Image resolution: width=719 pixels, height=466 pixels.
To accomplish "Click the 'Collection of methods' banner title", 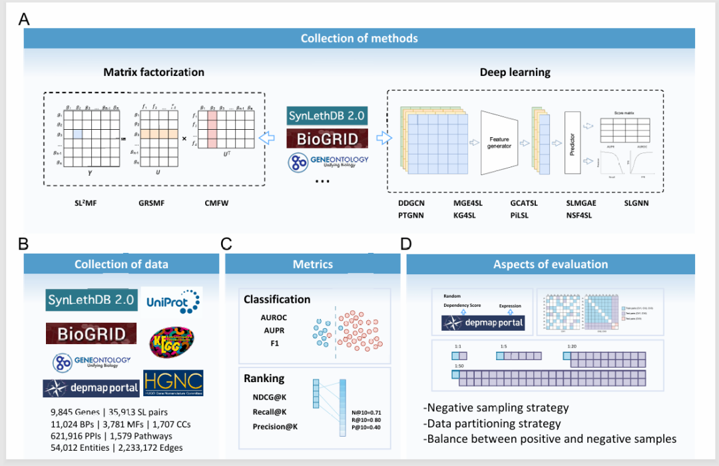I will [x=359, y=38].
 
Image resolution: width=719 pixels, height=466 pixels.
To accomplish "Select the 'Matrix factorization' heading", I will [x=154, y=72].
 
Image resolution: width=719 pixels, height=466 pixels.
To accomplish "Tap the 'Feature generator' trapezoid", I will [x=499, y=142].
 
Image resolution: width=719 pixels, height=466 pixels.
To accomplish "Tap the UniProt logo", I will [x=173, y=301].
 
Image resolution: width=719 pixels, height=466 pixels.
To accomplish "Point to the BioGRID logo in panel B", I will [x=91, y=333].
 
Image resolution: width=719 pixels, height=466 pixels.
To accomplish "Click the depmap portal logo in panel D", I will [x=483, y=324].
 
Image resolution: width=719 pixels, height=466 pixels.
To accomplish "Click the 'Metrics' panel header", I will [x=313, y=264].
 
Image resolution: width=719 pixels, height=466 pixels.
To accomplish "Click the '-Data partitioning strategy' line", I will [x=492, y=423].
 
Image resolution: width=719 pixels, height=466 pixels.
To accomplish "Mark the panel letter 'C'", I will [x=226, y=244].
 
